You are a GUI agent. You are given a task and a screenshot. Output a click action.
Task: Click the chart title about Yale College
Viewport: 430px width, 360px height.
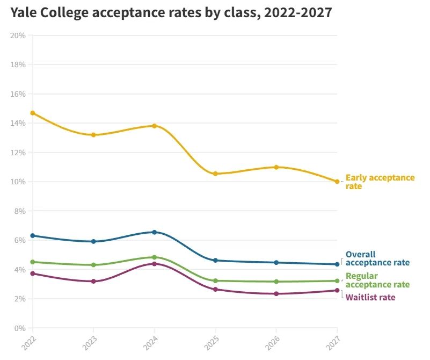point(170,13)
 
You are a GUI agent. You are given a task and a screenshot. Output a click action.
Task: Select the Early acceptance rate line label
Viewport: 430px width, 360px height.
point(380,182)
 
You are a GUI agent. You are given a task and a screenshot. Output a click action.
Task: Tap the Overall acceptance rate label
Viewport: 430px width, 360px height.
point(377,258)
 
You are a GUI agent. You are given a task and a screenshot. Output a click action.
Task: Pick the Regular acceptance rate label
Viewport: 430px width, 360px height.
point(377,280)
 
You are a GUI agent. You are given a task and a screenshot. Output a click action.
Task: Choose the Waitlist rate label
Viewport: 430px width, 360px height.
point(370,297)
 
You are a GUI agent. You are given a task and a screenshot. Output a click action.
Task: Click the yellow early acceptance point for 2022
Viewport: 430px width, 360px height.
point(33,113)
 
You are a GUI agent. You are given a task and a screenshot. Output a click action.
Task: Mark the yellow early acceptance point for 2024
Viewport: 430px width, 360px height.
point(155,126)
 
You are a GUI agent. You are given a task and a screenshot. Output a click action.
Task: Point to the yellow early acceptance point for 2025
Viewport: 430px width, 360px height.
point(215,174)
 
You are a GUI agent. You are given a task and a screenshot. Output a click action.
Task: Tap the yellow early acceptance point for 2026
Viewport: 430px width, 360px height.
point(276,167)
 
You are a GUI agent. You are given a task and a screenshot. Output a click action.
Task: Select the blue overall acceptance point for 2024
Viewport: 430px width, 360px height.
point(155,232)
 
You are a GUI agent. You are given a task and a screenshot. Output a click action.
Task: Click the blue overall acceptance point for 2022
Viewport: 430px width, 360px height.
point(33,235)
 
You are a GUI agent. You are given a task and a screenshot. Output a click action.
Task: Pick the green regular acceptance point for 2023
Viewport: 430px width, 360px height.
point(93,265)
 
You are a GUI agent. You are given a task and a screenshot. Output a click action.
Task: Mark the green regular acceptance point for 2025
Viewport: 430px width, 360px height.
point(215,280)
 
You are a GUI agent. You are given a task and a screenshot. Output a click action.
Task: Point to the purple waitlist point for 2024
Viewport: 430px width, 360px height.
point(155,264)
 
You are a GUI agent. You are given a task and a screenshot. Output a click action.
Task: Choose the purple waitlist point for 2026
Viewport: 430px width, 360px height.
point(276,293)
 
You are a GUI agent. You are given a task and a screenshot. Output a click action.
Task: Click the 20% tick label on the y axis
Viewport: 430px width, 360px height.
point(18,35)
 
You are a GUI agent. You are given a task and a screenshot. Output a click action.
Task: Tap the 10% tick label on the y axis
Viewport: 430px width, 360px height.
point(18,182)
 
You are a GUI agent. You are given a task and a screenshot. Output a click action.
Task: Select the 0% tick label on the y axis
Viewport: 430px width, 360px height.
point(20,328)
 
